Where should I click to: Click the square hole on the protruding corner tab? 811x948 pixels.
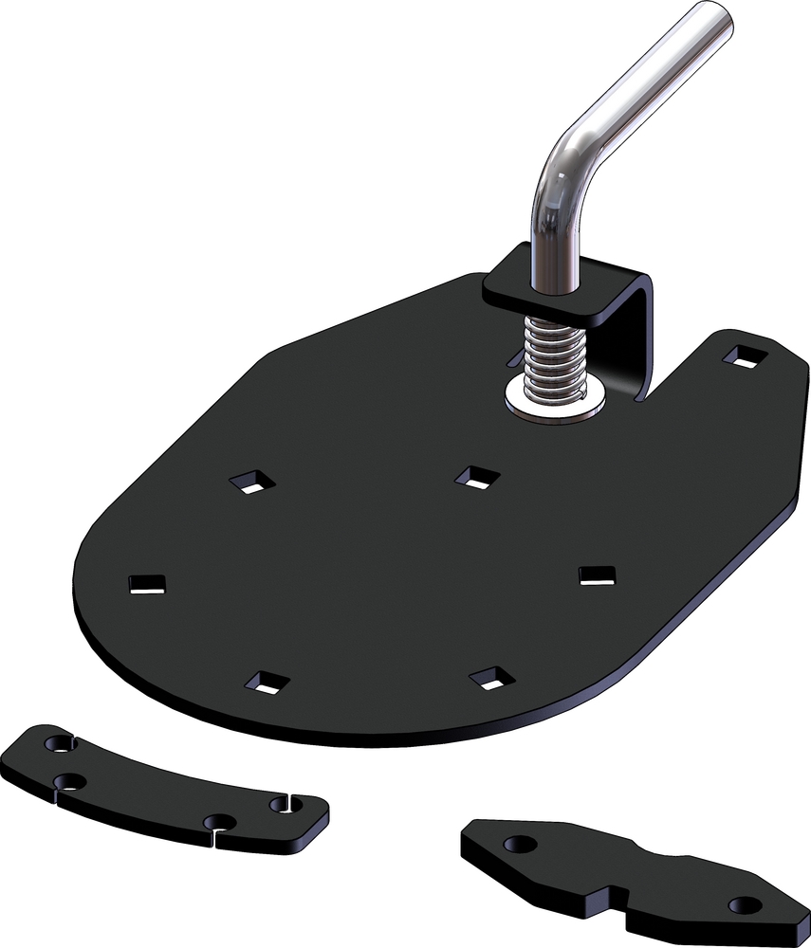click(x=744, y=356)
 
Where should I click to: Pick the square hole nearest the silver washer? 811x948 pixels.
click(x=476, y=477)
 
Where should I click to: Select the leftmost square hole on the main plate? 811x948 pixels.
click(x=147, y=584)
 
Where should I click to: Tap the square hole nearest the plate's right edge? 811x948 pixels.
click(x=597, y=574)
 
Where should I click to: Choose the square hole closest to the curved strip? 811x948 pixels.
click(x=267, y=682)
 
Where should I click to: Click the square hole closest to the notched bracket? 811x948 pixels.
click(x=491, y=678)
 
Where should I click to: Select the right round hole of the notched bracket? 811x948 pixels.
click(x=746, y=904)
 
